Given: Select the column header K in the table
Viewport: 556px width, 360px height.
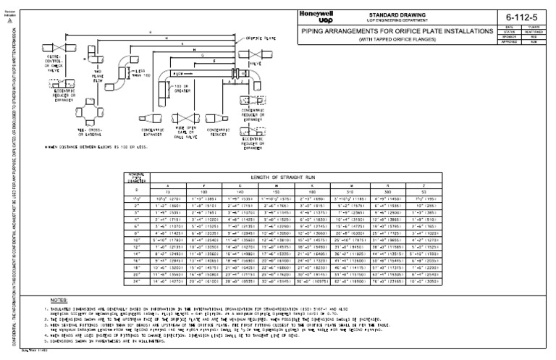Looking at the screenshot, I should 302,185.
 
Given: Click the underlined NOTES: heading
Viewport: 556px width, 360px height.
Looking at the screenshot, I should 59,299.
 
